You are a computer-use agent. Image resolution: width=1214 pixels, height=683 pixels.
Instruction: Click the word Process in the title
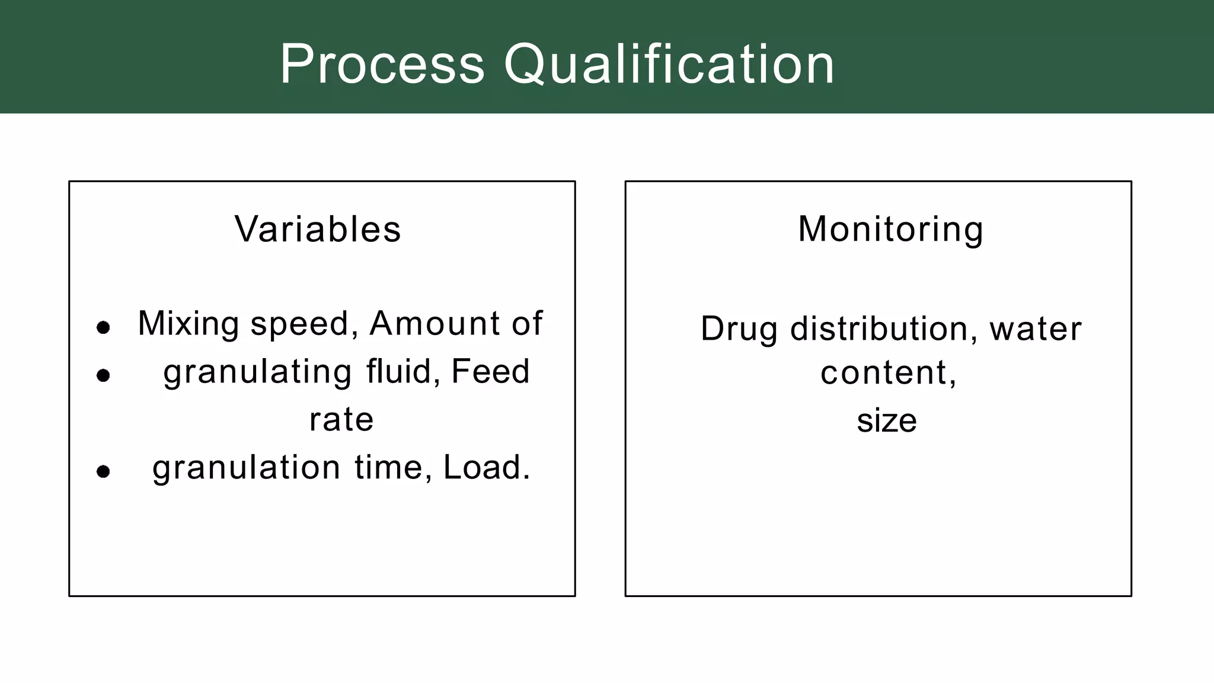coord(382,64)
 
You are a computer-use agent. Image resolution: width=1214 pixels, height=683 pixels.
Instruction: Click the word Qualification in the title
coord(669,64)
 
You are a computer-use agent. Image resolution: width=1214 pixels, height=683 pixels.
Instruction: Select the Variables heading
coord(318,229)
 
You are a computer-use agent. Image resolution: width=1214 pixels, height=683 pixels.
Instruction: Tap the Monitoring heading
coord(890,229)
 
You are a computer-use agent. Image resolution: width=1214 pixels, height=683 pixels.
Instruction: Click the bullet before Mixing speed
coord(103,327)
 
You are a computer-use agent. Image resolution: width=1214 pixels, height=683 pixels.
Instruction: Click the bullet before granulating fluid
coord(103,375)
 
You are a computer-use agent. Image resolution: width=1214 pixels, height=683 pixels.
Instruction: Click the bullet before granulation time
coord(103,471)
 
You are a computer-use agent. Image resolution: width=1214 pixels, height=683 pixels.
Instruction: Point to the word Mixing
coord(189,324)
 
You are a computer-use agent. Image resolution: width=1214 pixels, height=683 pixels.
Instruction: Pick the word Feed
coord(490,372)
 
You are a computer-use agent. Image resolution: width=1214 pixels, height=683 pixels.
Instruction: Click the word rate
coord(341,420)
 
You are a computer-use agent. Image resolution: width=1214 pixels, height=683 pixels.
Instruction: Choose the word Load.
coord(487,467)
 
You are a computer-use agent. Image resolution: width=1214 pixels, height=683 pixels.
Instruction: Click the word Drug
coord(739,329)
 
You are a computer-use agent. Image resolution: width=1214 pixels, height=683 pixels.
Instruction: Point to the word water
coord(1035,328)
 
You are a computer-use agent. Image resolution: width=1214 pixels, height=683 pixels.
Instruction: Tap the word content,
coord(889,373)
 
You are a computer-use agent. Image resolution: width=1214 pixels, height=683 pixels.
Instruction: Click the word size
coord(887,420)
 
